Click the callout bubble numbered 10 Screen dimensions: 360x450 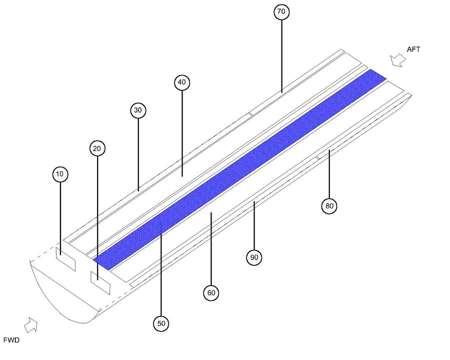[60, 174]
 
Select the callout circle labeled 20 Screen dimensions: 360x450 [97, 148]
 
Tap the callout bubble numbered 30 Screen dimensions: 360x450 [138, 110]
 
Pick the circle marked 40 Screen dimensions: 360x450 [182, 82]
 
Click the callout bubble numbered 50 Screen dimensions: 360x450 [161, 323]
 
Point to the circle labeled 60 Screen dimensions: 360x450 [211, 292]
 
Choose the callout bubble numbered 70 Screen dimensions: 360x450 [282, 12]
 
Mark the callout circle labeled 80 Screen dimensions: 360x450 [329, 205]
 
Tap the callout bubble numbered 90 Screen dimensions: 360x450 [254, 257]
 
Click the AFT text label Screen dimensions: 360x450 [413, 49]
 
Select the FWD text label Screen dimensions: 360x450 [11, 340]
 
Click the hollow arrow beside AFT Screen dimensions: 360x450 [398, 60]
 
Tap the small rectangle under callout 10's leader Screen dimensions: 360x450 [65, 259]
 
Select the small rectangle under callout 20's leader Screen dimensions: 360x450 [100, 282]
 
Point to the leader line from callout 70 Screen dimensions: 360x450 [282, 55]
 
